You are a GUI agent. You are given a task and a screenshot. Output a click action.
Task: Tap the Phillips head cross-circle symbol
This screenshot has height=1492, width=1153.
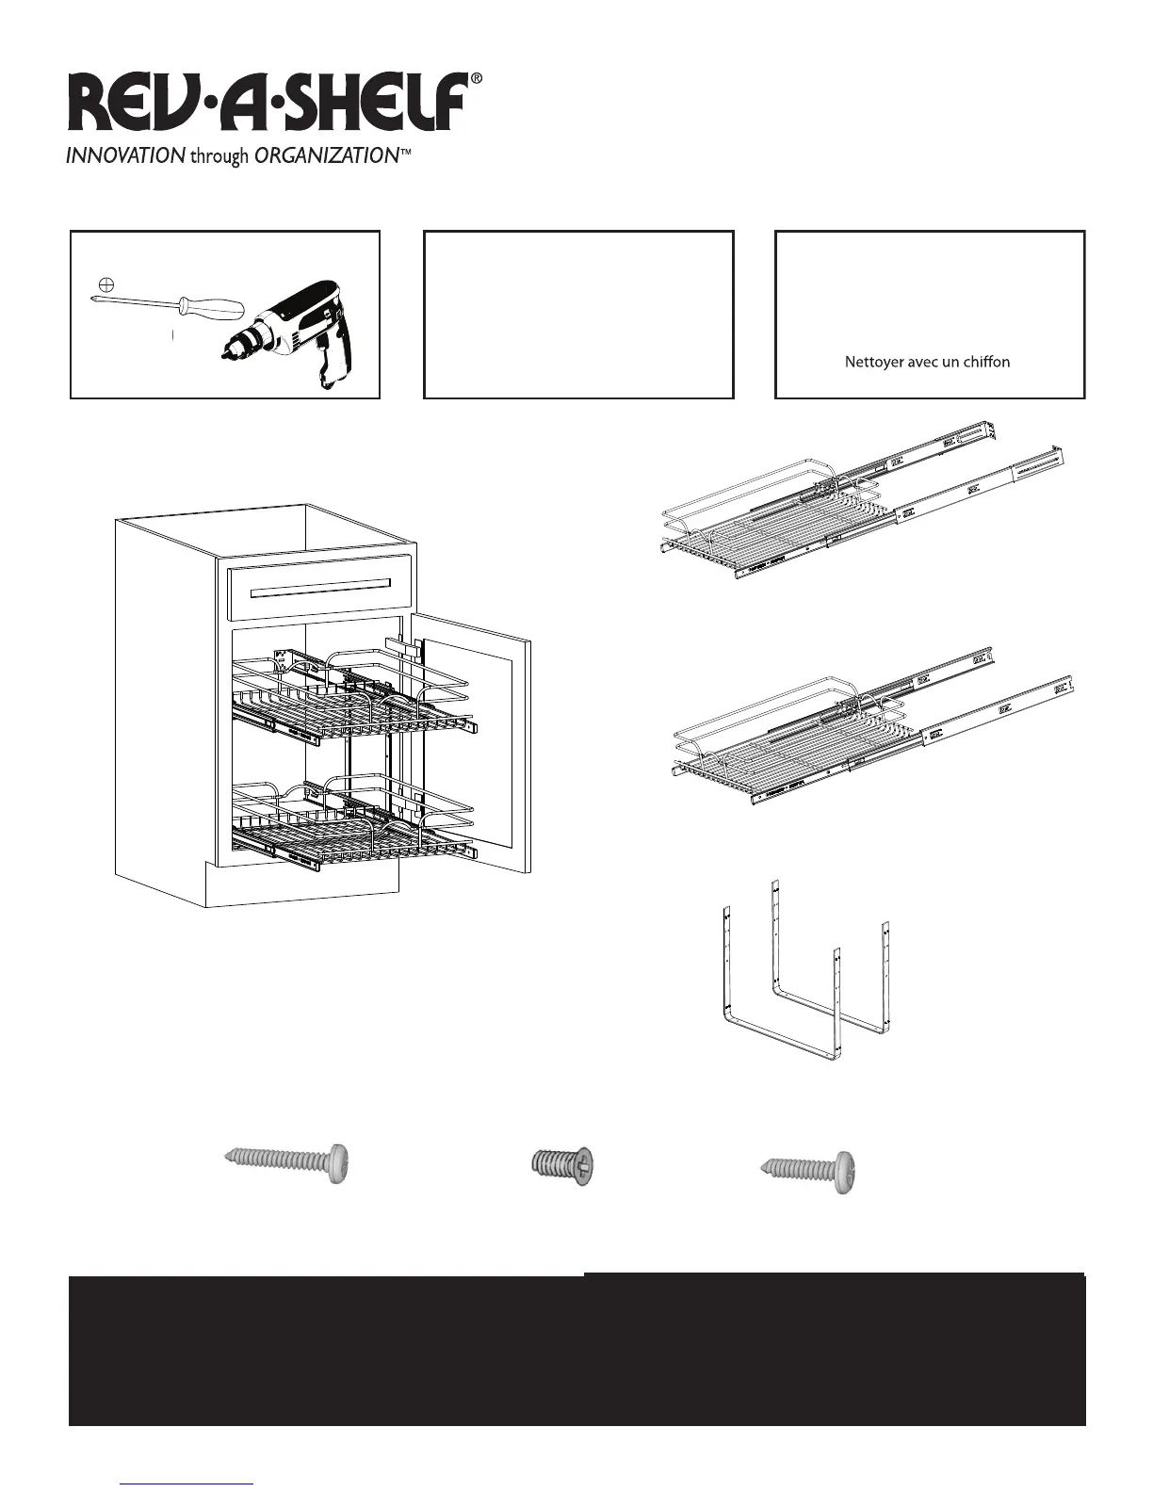click(106, 284)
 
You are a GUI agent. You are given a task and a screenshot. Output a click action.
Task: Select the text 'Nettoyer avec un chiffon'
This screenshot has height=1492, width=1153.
click(927, 362)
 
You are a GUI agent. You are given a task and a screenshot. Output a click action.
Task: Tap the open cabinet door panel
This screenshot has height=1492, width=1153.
click(476, 744)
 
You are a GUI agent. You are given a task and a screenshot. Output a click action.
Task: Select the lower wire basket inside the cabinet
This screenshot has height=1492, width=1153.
click(349, 819)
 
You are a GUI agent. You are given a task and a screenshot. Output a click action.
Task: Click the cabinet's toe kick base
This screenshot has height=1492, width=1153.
click(301, 885)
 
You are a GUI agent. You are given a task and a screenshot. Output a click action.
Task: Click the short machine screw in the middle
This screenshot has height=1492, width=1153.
click(563, 1167)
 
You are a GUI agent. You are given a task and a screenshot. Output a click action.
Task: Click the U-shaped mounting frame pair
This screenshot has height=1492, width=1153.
click(805, 980)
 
